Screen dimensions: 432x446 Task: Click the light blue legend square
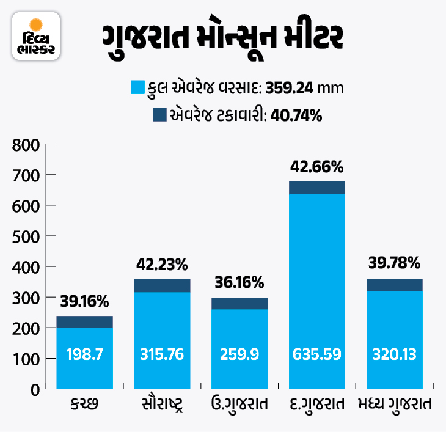tap(138, 87)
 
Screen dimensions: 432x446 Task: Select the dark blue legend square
tap(159, 114)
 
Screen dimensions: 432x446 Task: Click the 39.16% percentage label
tap(84, 301)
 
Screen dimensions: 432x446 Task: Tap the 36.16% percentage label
tap(239, 283)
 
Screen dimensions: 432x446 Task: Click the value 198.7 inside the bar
tap(84, 354)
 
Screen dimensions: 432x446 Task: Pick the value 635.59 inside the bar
tap(316, 354)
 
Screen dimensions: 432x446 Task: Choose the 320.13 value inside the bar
tap(394, 354)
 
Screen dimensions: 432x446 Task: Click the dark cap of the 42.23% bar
tap(162, 285)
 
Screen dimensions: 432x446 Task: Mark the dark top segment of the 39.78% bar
tap(394, 284)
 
